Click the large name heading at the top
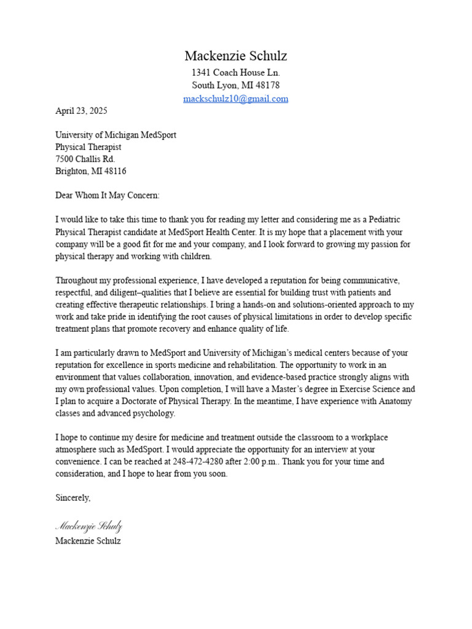pos(235,56)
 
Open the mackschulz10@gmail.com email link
pos(235,98)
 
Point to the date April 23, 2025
pos(81,111)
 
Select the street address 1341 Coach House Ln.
pos(235,72)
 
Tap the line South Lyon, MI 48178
pos(235,85)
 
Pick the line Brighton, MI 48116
pos(91,171)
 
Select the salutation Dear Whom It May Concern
pos(108,195)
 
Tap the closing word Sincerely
pos(73,498)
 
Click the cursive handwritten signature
pos(88,526)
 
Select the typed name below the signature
pos(88,541)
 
